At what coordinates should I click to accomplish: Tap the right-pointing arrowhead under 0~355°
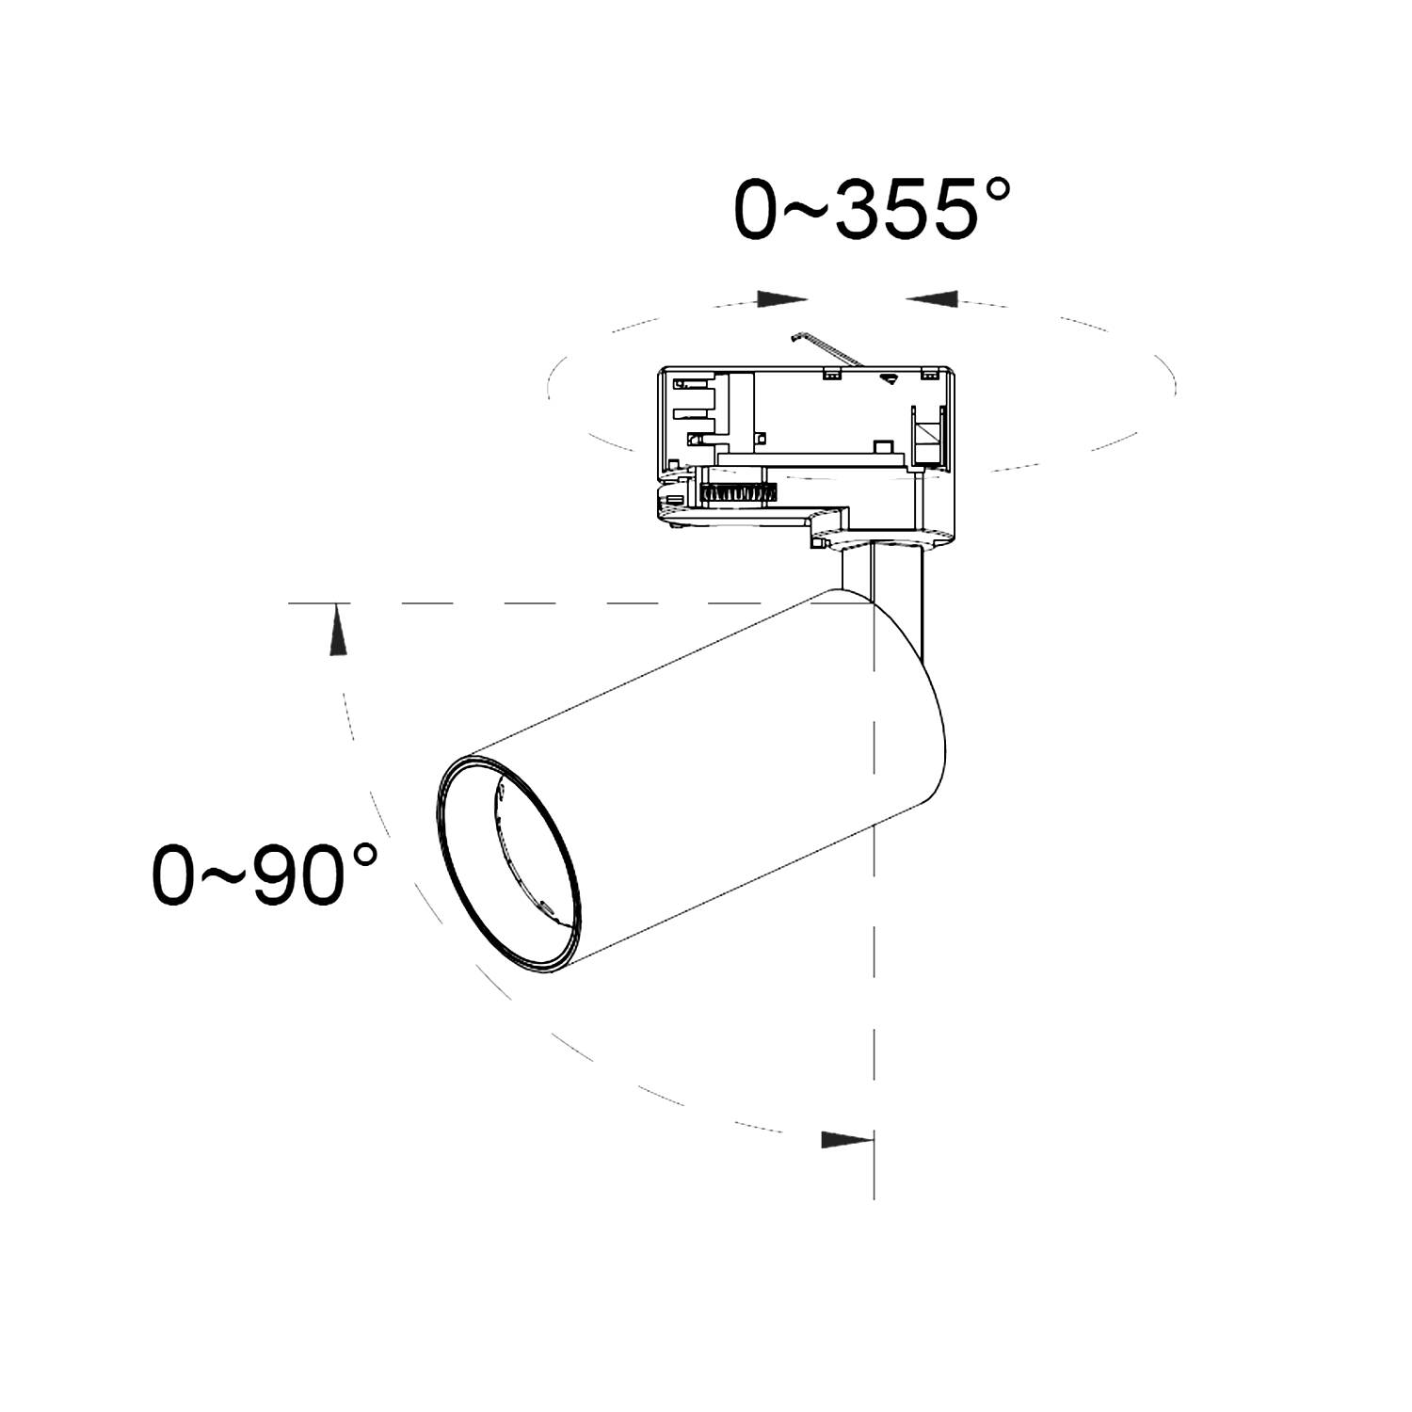coord(782,299)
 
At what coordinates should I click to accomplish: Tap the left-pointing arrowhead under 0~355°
coord(931,298)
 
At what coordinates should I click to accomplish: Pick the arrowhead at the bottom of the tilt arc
coord(847,1140)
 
